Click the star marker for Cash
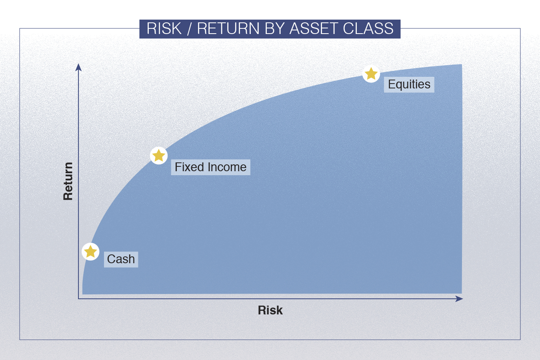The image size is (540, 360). pyautogui.click(x=90, y=252)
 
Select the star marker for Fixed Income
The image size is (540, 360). pyautogui.click(x=159, y=156)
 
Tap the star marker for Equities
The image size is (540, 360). pyautogui.click(x=371, y=74)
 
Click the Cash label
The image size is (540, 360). pyautogui.click(x=121, y=259)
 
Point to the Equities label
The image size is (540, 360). pyautogui.click(x=409, y=84)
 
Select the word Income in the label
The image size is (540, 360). pyautogui.click(x=227, y=167)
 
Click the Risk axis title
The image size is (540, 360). pyautogui.click(x=270, y=310)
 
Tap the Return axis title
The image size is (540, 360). pyautogui.click(x=68, y=181)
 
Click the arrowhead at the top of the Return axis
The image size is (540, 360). pyautogui.click(x=78, y=67)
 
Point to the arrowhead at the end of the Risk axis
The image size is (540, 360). pyautogui.click(x=459, y=299)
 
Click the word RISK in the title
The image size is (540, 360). pyautogui.click(x=164, y=28)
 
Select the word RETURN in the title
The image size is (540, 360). pyautogui.click(x=228, y=28)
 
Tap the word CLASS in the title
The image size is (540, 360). pyautogui.click(x=368, y=28)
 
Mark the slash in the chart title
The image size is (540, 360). pyautogui.click(x=189, y=28)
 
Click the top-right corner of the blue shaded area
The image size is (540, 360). pyautogui.click(x=462, y=64)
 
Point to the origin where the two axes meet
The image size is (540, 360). pyautogui.click(x=78, y=299)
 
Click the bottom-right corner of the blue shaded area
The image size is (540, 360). pyautogui.click(x=462, y=293)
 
